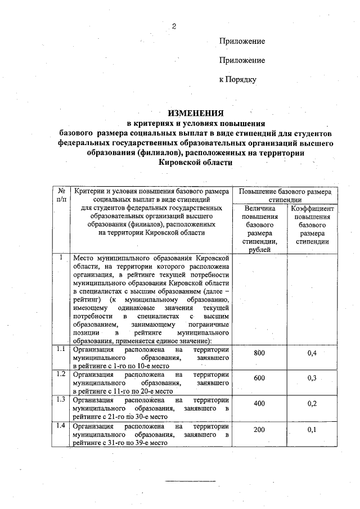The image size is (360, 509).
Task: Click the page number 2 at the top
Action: click(x=174, y=26)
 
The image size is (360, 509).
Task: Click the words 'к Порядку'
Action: click(x=237, y=79)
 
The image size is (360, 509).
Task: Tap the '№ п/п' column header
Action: click(x=61, y=195)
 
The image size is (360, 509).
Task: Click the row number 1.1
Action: click(x=61, y=349)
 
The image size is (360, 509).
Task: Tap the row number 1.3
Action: click(x=61, y=399)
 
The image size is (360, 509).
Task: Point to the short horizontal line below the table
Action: click(x=190, y=481)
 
